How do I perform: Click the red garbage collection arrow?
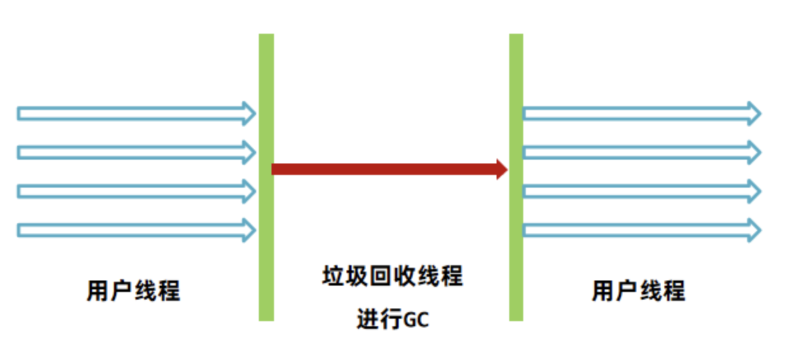(x=381, y=169)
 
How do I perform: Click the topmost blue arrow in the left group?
(x=134, y=113)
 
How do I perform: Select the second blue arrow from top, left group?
(x=134, y=152)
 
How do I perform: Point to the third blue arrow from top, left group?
(x=134, y=191)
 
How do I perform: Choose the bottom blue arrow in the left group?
(x=134, y=230)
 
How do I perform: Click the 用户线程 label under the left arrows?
(x=134, y=291)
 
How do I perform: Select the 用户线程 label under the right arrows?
(x=638, y=291)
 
